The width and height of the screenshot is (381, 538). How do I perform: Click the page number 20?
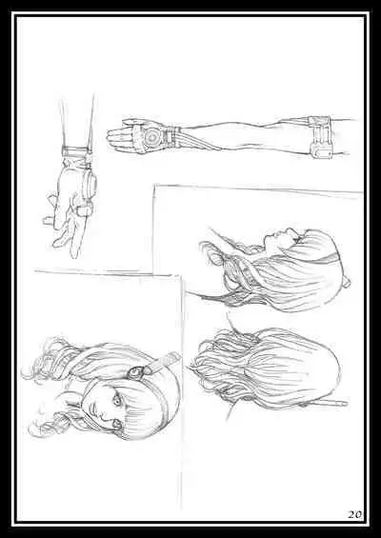pos(354,514)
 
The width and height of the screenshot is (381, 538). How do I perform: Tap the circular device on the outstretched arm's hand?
pos(151,137)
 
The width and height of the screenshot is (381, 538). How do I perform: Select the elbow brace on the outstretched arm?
pos(321,137)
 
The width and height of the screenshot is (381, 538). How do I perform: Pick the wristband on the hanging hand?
pos(75,151)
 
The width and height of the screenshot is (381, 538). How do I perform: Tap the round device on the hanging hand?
pos(90,181)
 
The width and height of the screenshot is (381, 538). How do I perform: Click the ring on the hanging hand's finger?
pos(84,209)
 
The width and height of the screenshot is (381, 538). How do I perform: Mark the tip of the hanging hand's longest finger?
pos(74,256)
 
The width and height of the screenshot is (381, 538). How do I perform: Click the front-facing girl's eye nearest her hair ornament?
pos(117,399)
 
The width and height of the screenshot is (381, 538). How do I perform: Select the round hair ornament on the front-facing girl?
pos(137,371)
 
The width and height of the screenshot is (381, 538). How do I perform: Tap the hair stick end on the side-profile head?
pos(348,283)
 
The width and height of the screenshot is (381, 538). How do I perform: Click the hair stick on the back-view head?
pos(330,403)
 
